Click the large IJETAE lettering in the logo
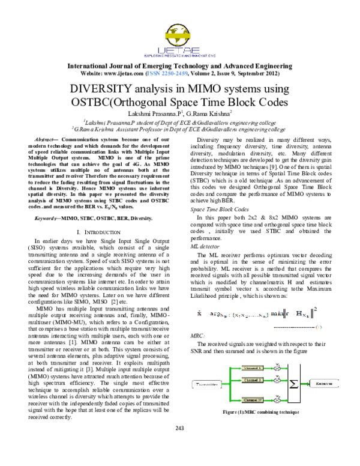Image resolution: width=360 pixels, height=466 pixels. tap(179, 50)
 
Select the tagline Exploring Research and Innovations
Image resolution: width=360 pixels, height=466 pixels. tap(179, 58)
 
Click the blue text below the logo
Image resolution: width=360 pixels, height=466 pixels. tap(167, 74)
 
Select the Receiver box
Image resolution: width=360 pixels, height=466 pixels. tap(324, 382)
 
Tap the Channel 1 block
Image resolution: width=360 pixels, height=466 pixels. tap(252, 368)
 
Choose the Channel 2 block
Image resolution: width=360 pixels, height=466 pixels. tap(252, 380)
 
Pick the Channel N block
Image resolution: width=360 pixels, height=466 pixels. tap(252, 399)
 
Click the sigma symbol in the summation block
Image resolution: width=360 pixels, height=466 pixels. tap(294, 383)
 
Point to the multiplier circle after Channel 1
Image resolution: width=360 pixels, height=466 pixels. tap(278, 368)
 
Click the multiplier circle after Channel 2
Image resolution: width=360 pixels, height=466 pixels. tap(278, 380)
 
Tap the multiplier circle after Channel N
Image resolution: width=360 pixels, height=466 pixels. tap(278, 399)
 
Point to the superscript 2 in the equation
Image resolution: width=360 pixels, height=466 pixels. tap(315, 309)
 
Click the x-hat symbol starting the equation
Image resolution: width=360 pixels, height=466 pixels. tap(199, 312)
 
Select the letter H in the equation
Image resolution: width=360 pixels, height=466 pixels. tap(299, 313)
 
